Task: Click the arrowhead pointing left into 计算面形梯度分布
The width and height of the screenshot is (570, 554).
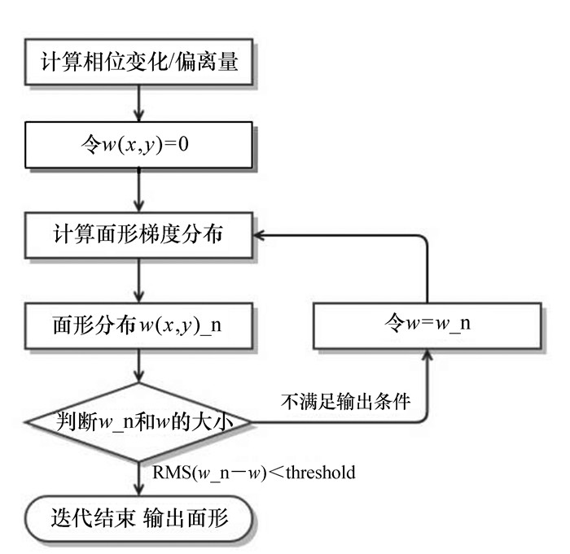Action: tap(260, 236)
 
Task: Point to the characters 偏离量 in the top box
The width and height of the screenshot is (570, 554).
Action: tap(215, 62)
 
